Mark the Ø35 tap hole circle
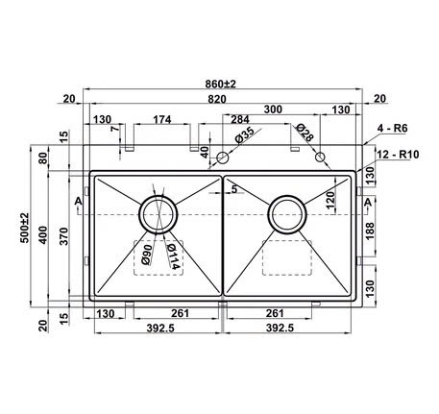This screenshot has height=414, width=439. [x=223, y=157]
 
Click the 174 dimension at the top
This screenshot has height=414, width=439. [x=161, y=119]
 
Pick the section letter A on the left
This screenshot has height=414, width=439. [x=77, y=200]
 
